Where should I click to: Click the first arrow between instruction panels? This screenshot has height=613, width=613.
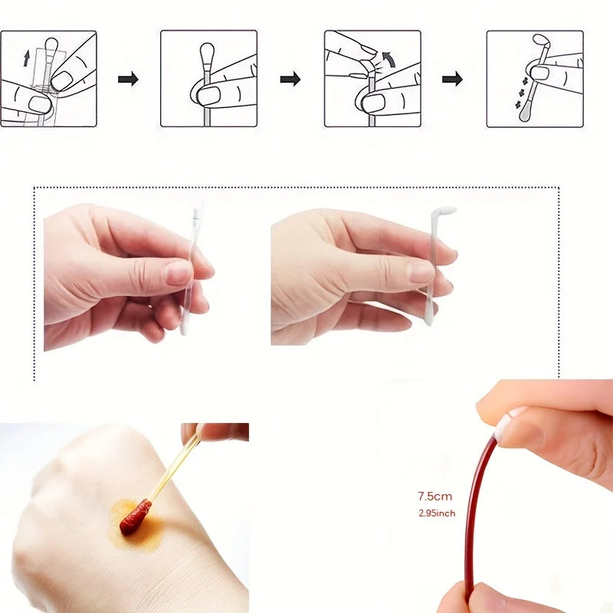[x=128, y=79]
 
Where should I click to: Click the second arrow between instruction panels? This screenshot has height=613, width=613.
[x=290, y=79]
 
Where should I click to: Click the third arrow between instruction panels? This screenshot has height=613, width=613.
[x=453, y=79]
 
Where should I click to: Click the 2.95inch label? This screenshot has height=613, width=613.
[x=436, y=513]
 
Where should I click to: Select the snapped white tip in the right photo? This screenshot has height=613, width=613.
[x=444, y=211]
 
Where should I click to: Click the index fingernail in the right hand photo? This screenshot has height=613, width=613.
[x=420, y=272]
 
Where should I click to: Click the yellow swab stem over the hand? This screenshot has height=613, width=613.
[x=172, y=468]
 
